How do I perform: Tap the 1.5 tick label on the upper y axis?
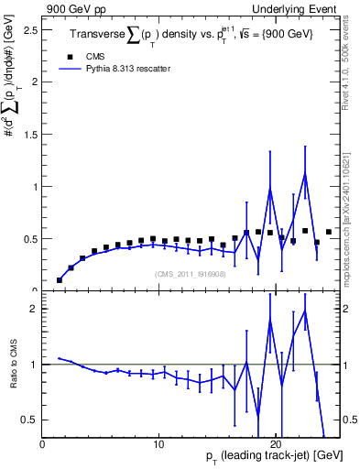click(31, 134)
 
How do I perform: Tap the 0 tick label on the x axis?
click(42, 444)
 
